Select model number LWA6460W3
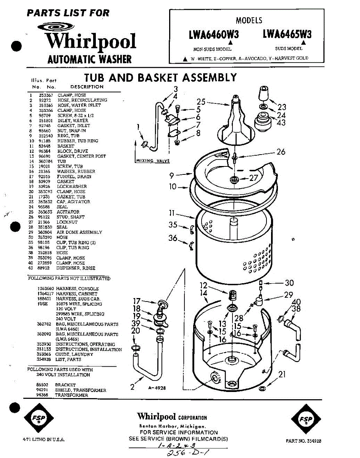214,35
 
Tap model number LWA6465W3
287,34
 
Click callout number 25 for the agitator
201,102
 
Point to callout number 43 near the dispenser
281,123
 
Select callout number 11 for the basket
173,213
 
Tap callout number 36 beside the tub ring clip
173,238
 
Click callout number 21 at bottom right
282,375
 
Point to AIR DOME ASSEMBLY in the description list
79,232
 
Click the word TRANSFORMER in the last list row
71,395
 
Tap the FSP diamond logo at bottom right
306,419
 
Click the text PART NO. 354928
303,440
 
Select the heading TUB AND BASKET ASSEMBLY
160,78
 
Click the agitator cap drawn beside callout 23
263,93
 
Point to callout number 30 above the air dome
289,283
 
